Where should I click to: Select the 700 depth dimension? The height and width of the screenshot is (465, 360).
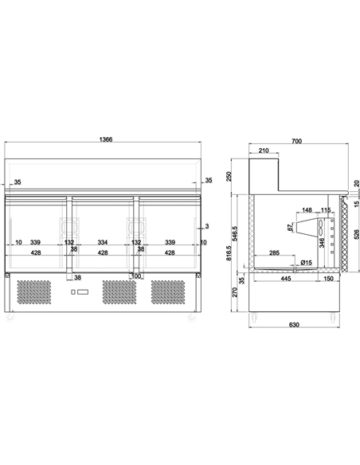[x=296, y=141]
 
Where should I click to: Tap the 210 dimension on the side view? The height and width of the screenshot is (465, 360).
[x=263, y=151]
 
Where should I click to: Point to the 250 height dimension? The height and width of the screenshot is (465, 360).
[x=229, y=176]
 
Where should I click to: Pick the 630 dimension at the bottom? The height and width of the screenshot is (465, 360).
[x=296, y=324]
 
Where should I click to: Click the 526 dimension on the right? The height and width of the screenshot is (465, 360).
[x=356, y=234]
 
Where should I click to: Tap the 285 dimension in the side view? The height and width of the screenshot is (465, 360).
[x=273, y=253]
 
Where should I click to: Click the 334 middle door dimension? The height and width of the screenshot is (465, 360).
[x=103, y=242]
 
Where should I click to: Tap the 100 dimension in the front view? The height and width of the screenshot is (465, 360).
[x=136, y=276]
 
